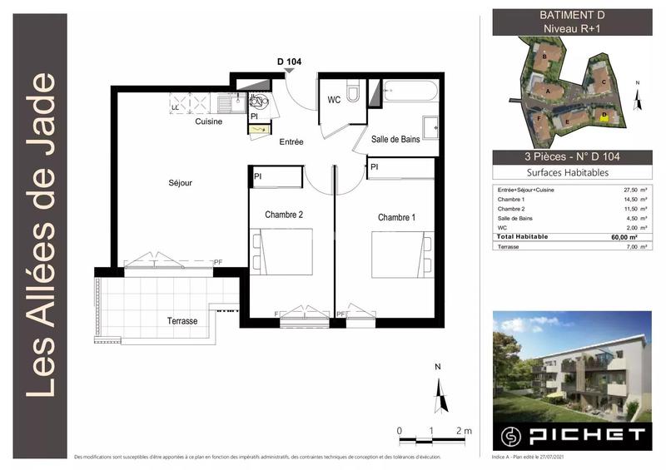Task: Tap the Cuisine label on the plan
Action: (208, 121)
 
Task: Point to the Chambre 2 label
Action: (284, 215)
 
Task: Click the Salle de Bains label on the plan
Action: (395, 140)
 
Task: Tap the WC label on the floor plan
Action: (334, 100)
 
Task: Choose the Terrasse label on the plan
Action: (181, 320)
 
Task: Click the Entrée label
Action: (291, 142)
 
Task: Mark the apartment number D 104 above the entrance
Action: (291, 61)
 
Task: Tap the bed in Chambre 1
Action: (402, 254)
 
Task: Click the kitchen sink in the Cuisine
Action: (227, 104)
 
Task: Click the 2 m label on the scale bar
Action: (464, 431)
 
